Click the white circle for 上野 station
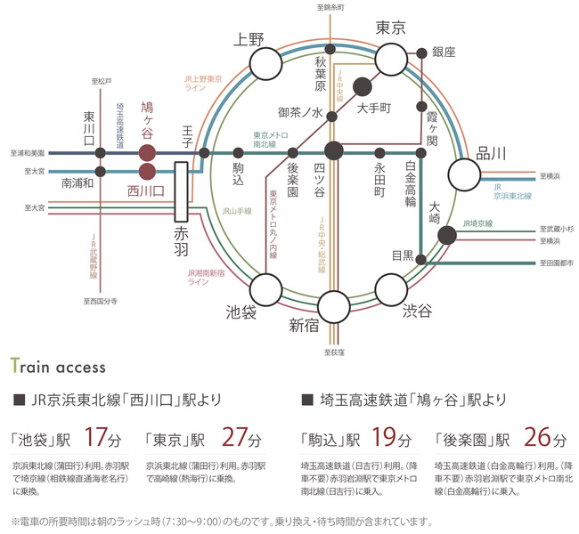pyautogui.click(x=265, y=63)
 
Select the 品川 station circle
pyautogui.click(x=465, y=174)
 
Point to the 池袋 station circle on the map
pyautogui.click(x=265, y=289)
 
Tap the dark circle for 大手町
pyautogui.click(x=363, y=86)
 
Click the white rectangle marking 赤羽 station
pyautogui.click(x=181, y=190)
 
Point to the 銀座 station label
pyautogui.click(x=443, y=53)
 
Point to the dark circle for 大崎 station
pyautogui.click(x=448, y=235)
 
